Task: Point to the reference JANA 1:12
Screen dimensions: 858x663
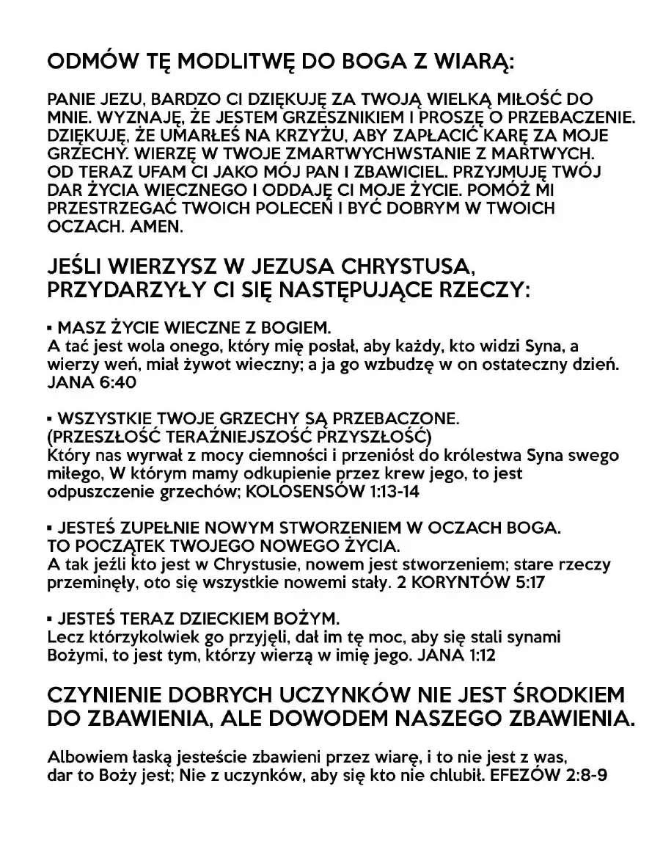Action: pyautogui.click(x=455, y=655)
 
